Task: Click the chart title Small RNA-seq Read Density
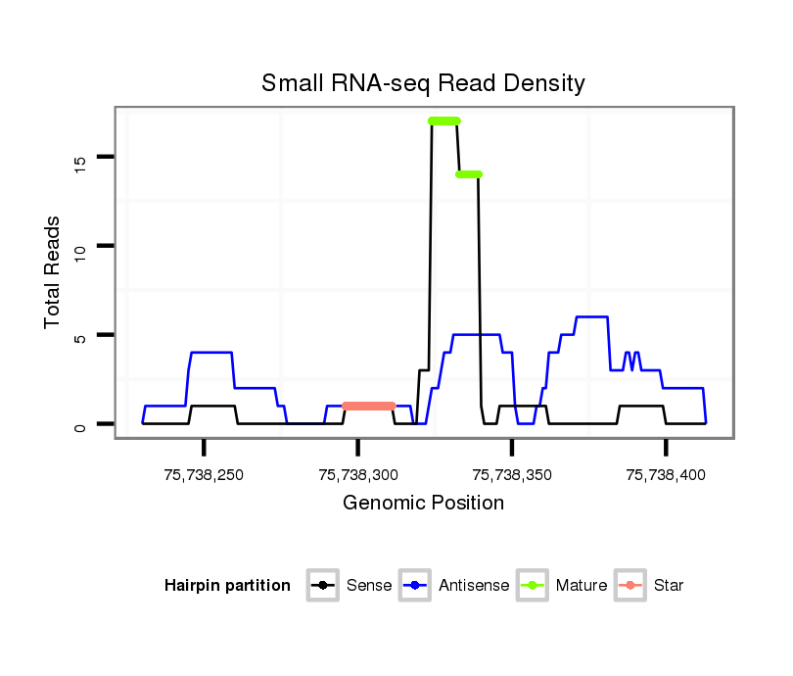coord(423,83)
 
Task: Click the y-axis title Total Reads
coord(54,272)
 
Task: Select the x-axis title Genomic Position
coord(423,504)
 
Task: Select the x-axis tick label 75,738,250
coord(204,475)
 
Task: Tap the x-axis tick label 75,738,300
coord(358,475)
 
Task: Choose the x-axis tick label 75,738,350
coord(512,475)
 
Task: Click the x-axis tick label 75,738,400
coord(666,475)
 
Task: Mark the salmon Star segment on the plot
coord(368,406)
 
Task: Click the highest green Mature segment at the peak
coord(444,121)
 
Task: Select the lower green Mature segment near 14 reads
coord(469,174)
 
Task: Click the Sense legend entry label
coord(369,586)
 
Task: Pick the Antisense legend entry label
coord(474,586)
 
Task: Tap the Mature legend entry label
coord(582,586)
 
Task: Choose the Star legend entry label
coord(669,586)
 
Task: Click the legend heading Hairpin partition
coord(227,586)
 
